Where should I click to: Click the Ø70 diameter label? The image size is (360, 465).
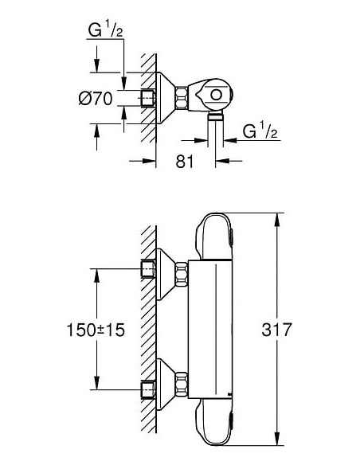click(x=96, y=99)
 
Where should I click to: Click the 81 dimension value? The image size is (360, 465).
click(x=185, y=162)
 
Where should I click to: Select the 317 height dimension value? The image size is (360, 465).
click(x=276, y=330)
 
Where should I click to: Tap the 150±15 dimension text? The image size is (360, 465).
click(x=96, y=330)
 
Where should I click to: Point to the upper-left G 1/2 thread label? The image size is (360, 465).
click(x=106, y=29)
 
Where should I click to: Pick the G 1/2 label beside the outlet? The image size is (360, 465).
click(x=260, y=131)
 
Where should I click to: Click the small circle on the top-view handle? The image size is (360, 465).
click(x=216, y=96)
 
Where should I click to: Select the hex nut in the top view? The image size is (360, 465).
click(x=182, y=98)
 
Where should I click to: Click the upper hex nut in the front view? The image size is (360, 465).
click(x=182, y=275)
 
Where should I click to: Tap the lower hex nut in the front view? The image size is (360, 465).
click(x=182, y=384)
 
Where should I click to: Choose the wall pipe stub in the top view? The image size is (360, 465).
click(x=147, y=98)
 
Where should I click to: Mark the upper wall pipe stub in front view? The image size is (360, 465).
click(x=147, y=268)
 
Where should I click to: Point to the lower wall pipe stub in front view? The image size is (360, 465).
click(x=147, y=389)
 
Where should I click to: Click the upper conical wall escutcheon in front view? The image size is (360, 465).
click(x=166, y=275)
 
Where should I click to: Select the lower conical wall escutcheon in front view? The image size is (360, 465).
click(x=166, y=385)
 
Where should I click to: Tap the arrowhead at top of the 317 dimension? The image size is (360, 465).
click(x=276, y=220)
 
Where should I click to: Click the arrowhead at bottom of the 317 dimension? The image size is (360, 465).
click(x=276, y=438)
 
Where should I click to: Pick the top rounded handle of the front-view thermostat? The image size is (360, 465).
click(x=214, y=236)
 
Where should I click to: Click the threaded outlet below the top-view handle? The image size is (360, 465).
click(x=216, y=115)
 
